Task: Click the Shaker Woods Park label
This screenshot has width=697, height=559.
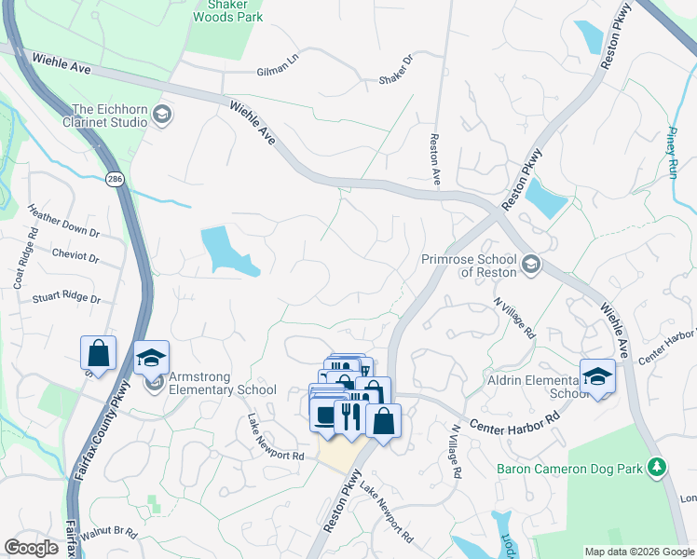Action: [227, 10]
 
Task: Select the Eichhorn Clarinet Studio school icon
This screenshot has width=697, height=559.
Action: [162, 115]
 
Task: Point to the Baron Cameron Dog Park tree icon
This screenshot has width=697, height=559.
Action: [658, 465]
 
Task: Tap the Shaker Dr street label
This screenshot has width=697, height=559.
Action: [396, 70]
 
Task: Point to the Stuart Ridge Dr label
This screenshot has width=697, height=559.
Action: [65, 298]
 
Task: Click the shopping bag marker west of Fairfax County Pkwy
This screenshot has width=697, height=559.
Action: [98, 354]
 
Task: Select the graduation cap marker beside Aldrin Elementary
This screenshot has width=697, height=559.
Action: [597, 376]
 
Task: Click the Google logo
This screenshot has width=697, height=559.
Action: [31, 548]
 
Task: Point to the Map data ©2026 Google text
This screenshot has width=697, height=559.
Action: [639, 552]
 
